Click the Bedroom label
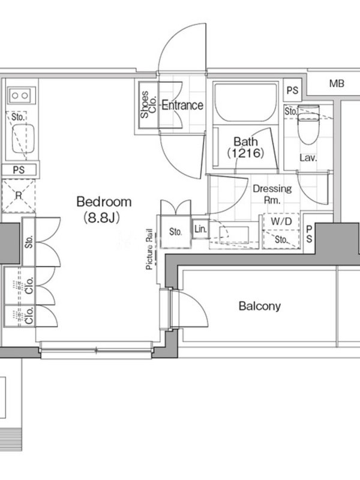click(104, 202)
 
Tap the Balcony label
click(260, 306)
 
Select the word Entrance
click(182, 106)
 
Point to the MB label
click(337, 83)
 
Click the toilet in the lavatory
click(308, 124)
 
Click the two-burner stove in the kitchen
click(20, 96)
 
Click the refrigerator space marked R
click(19, 196)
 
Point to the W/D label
click(281, 221)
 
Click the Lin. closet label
click(200, 229)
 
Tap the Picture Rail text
click(149, 249)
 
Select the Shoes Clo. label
click(148, 104)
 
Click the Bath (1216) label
click(245, 147)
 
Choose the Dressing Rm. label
click(272, 194)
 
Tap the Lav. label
click(308, 158)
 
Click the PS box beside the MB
click(292, 90)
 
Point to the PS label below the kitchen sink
click(19, 170)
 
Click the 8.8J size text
click(101, 218)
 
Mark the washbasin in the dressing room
click(234, 235)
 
